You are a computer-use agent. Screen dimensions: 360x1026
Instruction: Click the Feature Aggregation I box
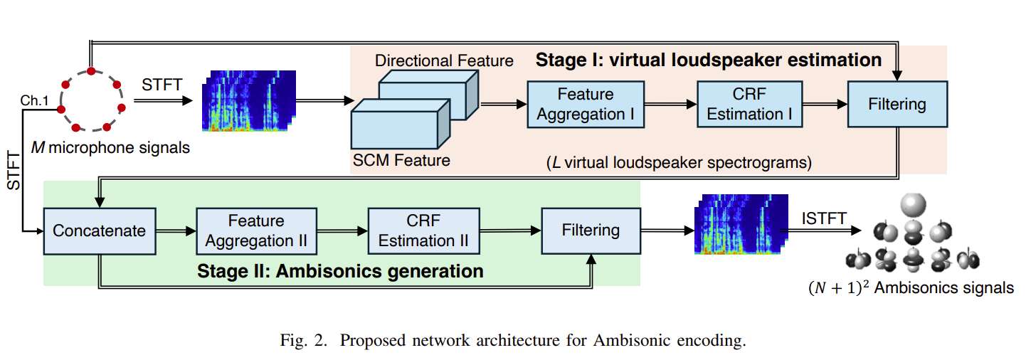pos(586,104)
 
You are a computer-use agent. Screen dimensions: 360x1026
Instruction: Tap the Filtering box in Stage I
pos(897,104)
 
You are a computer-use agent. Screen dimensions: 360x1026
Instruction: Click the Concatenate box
pos(99,230)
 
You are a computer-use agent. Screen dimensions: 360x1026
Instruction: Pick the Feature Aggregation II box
pos(256,231)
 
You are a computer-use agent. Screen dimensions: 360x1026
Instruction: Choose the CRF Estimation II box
pos(423,231)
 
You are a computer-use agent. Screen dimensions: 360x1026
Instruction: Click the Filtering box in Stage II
pos(591,231)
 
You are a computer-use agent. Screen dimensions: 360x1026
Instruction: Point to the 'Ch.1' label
pos(33,100)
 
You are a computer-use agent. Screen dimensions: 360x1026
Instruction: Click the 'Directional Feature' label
pos(444,60)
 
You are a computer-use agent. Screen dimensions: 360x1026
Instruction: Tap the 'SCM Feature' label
pos(401,160)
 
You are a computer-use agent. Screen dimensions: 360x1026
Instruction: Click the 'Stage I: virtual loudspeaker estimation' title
pos(708,59)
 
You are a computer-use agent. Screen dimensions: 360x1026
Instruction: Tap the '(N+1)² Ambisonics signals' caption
pos(910,288)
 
